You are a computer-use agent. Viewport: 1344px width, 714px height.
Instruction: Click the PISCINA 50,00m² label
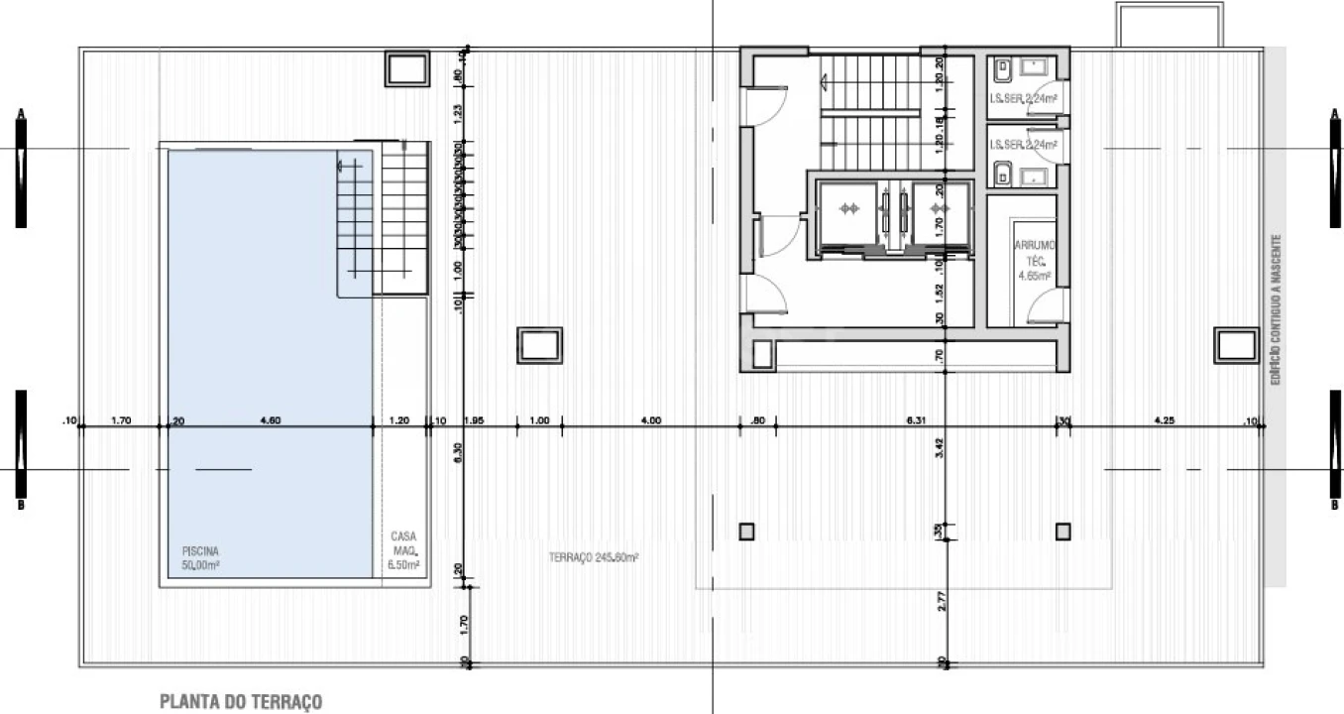pos(200,557)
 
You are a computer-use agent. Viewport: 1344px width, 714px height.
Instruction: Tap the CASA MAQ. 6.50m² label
pos(404,550)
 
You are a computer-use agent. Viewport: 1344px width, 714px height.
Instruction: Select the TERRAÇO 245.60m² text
pos(593,558)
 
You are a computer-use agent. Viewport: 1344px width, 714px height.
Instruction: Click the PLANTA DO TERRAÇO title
pos(241,702)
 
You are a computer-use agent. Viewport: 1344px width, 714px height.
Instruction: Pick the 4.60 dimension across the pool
pos(270,420)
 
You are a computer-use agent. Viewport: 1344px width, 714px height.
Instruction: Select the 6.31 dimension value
pos(915,420)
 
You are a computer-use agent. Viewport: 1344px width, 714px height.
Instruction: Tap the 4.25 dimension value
pos(1164,420)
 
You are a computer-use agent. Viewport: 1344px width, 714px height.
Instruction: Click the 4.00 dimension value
pos(651,420)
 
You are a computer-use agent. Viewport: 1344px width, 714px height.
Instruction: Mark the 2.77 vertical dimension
pos(939,600)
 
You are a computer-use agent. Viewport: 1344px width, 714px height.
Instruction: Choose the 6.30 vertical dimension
pos(458,452)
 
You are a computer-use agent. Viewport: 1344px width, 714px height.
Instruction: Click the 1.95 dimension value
pos(473,420)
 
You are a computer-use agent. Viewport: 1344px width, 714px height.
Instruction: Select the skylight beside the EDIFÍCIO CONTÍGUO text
pos(1236,345)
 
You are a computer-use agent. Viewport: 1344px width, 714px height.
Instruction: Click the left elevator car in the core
pos(847,209)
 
